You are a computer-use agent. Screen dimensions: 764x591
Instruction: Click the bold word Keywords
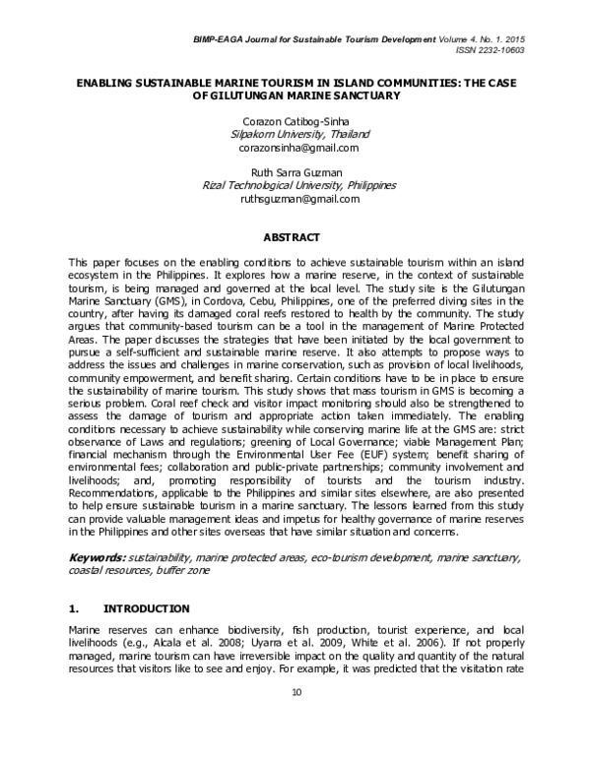[97, 556]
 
